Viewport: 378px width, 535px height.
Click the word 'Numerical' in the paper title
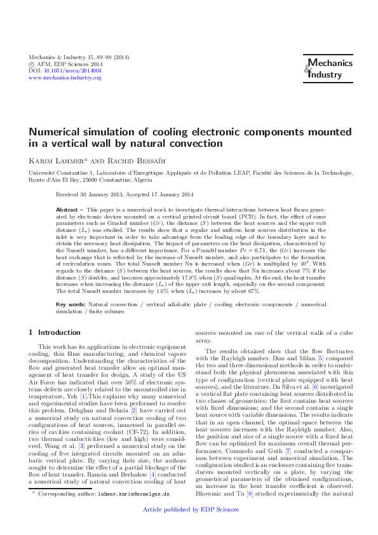pyautogui.click(x=53, y=133)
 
